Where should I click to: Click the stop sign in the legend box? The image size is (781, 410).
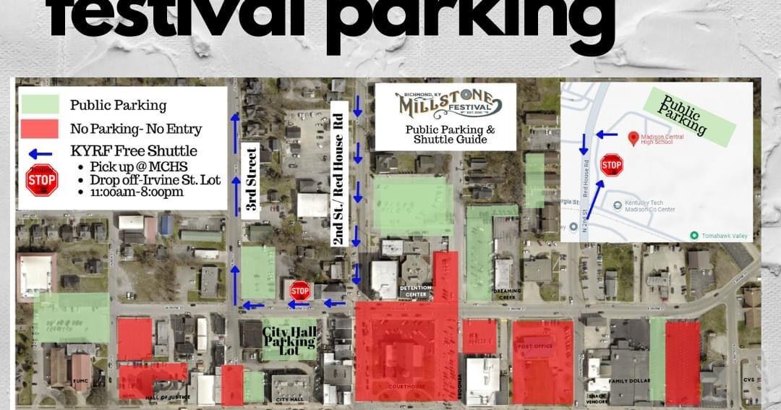pos(42,180)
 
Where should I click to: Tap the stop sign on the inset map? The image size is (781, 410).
pos(611,166)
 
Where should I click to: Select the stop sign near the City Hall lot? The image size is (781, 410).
pos(300,291)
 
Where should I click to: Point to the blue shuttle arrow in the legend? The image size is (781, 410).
pos(41,153)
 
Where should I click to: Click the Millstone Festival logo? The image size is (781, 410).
pos(445,105)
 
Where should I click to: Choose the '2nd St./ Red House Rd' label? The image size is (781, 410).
pos(336,174)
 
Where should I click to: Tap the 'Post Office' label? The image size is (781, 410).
pos(534,346)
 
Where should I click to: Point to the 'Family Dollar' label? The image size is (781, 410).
pos(628,380)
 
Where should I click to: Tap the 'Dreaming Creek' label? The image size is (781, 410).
pos(508,292)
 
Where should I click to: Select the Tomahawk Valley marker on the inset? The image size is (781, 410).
pos(694,235)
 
